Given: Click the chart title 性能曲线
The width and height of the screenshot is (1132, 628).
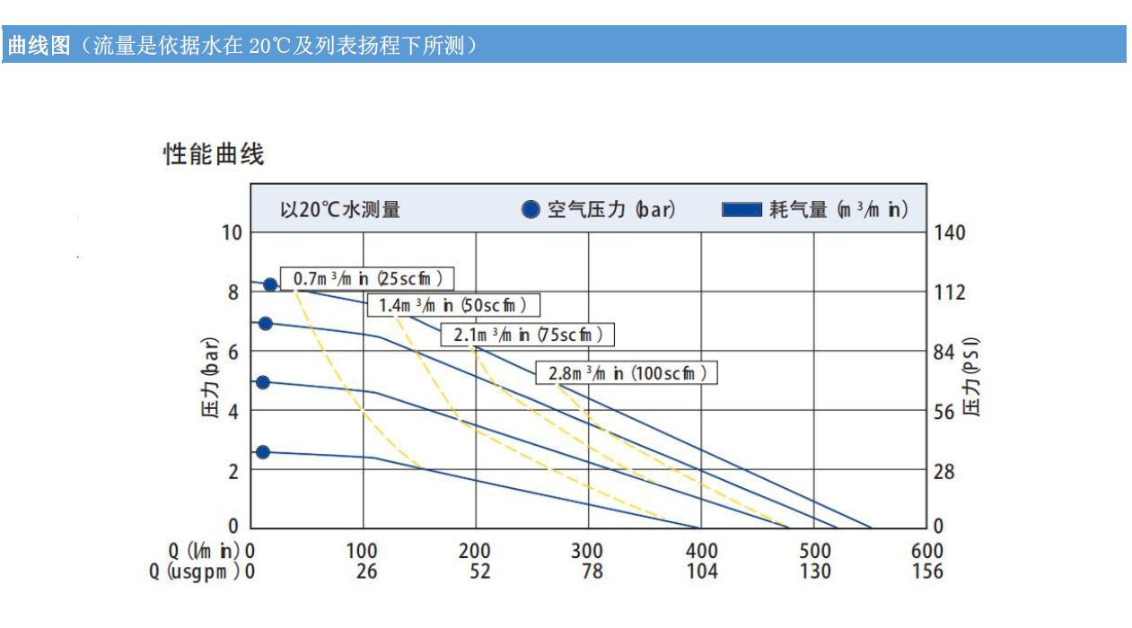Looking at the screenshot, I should tap(214, 154).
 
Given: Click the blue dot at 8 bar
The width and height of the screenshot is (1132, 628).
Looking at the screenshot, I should tap(270, 284).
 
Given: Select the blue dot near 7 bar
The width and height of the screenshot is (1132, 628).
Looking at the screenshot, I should tap(266, 323).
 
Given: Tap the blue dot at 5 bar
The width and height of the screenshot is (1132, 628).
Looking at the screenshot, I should tap(263, 382).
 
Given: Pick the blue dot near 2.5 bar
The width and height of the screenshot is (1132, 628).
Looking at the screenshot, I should tap(263, 452).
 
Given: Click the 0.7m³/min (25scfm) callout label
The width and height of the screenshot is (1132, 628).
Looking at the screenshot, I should tap(367, 278).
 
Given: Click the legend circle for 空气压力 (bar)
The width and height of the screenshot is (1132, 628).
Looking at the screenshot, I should tap(531, 210).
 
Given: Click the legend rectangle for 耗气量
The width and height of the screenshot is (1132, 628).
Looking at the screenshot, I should tap(742, 210).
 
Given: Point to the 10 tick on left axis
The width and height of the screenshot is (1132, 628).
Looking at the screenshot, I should tap(233, 232).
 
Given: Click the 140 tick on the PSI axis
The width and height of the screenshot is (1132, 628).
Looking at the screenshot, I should tap(949, 232).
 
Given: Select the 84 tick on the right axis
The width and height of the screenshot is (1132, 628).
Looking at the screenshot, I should tap(944, 352).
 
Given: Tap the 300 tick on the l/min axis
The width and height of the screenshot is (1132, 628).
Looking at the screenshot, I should tap(587, 550).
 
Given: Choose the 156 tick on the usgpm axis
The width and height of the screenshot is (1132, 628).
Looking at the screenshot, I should tap(927, 571).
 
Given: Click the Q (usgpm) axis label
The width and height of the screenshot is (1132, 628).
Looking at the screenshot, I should tap(195, 571).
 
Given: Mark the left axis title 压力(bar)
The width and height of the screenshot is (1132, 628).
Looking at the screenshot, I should tap(209, 379).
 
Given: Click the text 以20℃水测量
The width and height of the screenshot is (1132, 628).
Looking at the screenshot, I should tap(340, 210).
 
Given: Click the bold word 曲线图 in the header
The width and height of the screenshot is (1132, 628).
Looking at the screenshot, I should tap(39, 45).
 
